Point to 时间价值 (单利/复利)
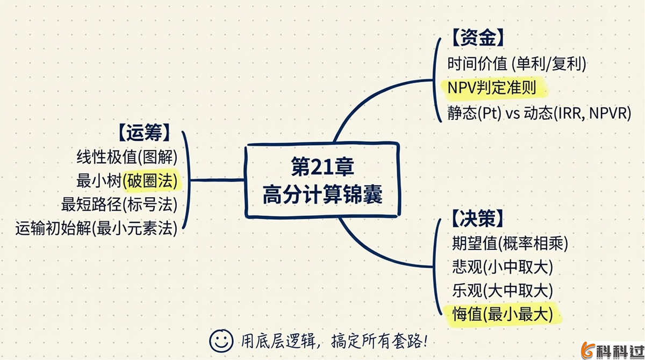[x=517, y=64]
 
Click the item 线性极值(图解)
[x=127, y=157]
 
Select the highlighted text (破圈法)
[x=151, y=181]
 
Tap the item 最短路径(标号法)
[x=119, y=205]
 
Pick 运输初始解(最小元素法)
[x=97, y=228]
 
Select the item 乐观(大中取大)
[x=503, y=291]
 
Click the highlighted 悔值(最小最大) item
[x=503, y=314]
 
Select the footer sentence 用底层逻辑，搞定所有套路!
[x=333, y=340]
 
